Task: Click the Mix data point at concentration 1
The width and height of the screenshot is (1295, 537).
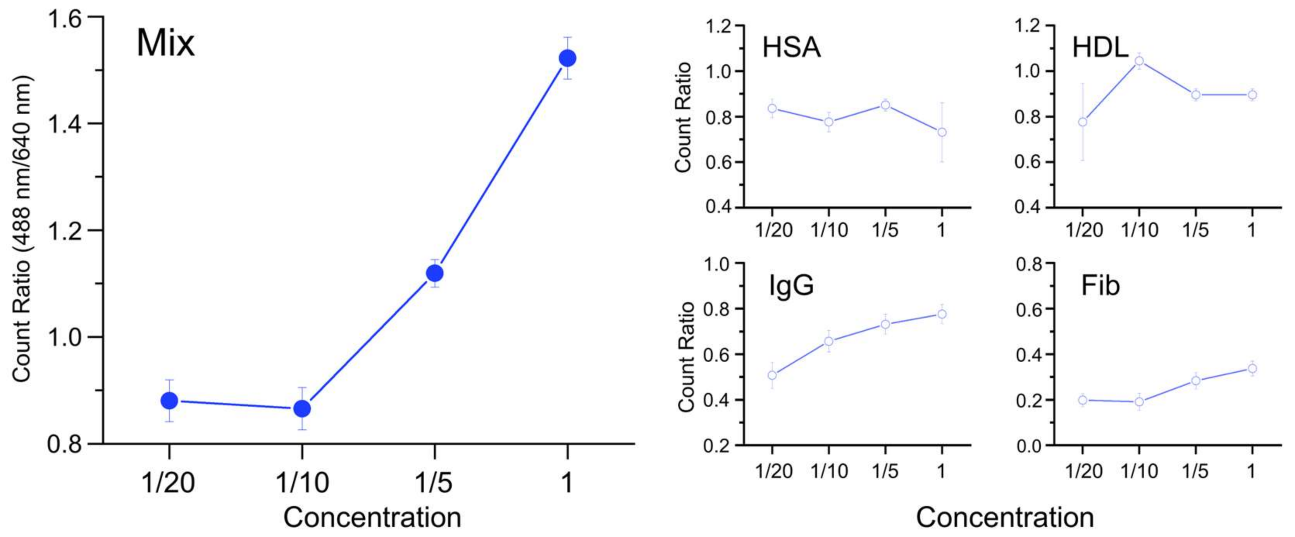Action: click(x=568, y=59)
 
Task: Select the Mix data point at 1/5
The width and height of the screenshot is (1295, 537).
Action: click(x=435, y=274)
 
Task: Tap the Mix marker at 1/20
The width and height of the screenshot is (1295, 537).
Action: click(x=169, y=401)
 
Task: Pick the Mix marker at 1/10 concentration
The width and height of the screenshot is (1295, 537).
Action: click(x=302, y=409)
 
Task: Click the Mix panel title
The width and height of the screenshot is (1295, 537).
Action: click(x=165, y=44)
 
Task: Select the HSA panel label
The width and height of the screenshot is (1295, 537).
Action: click(x=791, y=48)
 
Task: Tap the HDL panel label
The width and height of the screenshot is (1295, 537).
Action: click(x=1100, y=48)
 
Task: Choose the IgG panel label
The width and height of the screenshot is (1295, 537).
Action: click(x=791, y=286)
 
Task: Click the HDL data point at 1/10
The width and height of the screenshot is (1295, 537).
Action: click(x=1140, y=61)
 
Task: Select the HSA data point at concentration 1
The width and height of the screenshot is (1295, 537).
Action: click(x=942, y=132)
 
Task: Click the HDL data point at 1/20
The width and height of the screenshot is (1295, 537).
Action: click(x=1083, y=122)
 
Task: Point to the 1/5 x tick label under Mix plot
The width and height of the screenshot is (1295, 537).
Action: click(x=433, y=483)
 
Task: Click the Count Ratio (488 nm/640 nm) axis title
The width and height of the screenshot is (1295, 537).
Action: click(x=21, y=229)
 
